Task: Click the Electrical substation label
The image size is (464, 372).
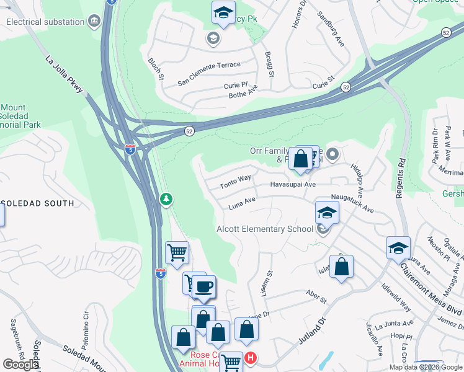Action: pyautogui.click(x=45, y=22)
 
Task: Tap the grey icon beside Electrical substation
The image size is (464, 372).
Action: pyautogui.click(x=94, y=21)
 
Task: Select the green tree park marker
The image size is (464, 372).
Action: pyautogui.click(x=166, y=199)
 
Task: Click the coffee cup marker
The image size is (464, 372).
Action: pyautogui.click(x=203, y=287)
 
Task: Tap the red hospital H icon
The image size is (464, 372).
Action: pyautogui.click(x=250, y=358)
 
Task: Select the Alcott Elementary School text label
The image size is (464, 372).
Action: pyautogui.click(x=265, y=229)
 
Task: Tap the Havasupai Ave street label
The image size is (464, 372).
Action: pyautogui.click(x=293, y=184)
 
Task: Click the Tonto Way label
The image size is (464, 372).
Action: pyautogui.click(x=236, y=181)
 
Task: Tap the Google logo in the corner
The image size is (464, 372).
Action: pyautogui.click(x=21, y=365)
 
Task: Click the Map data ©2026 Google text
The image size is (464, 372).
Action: pyautogui.click(x=426, y=367)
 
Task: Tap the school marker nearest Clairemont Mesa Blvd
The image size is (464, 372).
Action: pyautogui.click(x=398, y=248)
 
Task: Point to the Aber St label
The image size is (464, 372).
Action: pyautogui.click(x=316, y=296)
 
